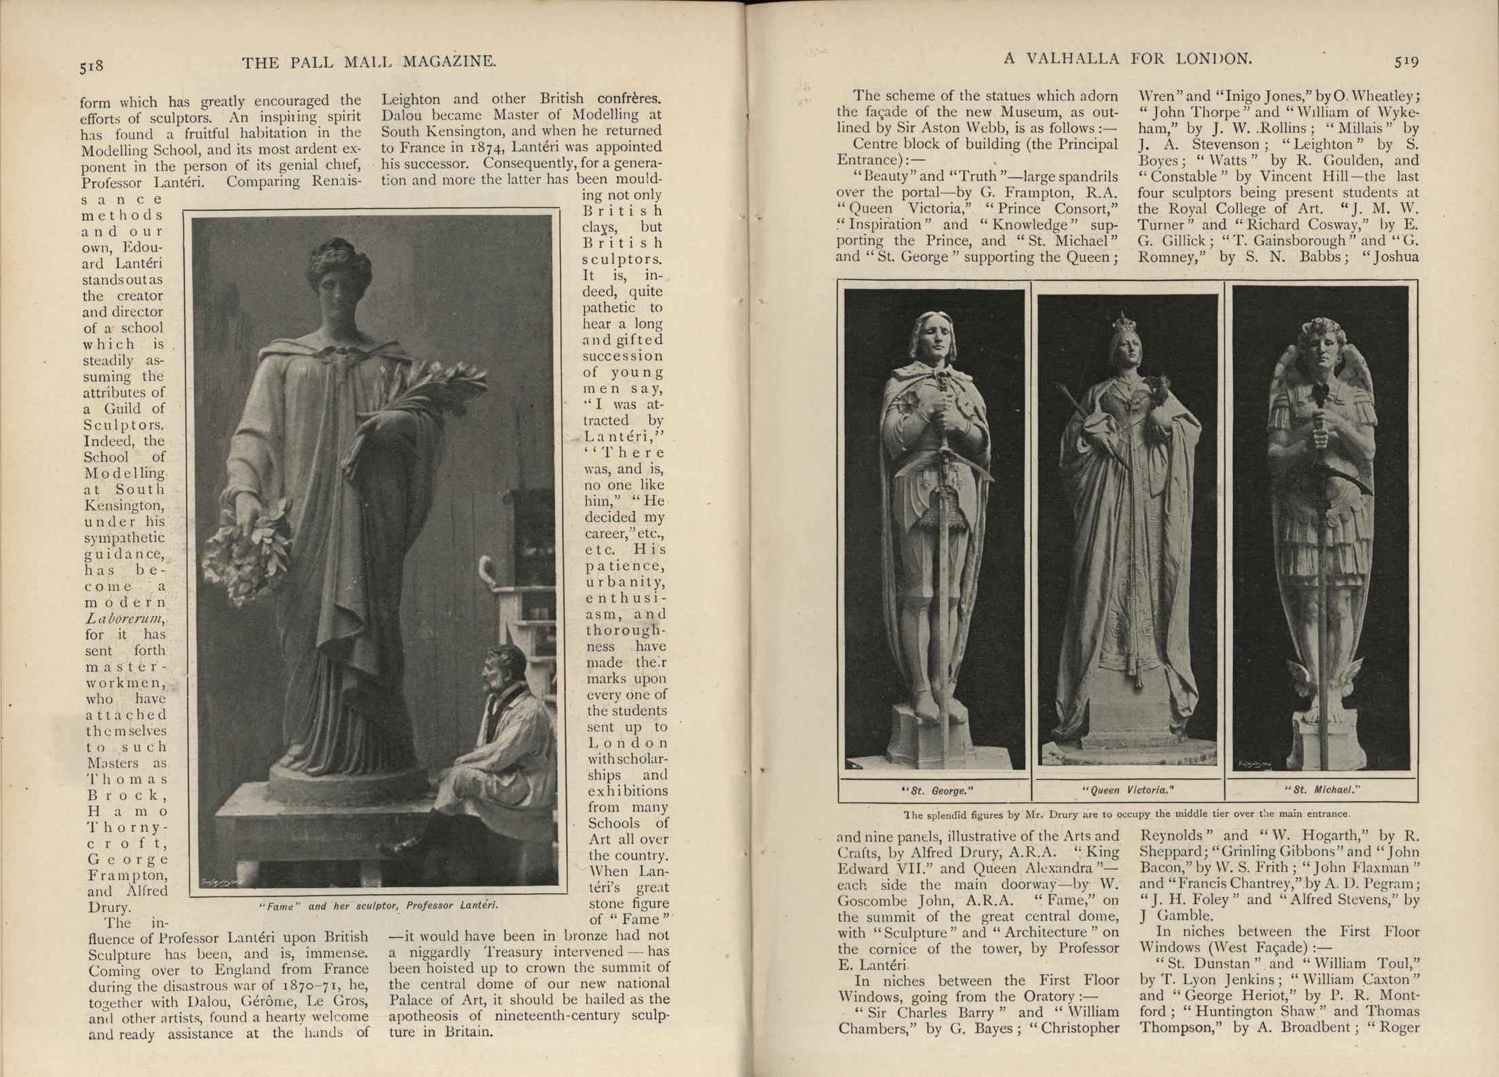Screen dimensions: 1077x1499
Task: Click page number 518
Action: (x=91, y=67)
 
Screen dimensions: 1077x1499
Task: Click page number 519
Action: (x=1406, y=62)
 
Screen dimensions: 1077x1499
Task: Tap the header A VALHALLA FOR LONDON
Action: (x=1127, y=59)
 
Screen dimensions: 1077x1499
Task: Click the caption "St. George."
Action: (x=936, y=791)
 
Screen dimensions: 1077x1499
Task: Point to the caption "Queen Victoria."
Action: (x=1128, y=791)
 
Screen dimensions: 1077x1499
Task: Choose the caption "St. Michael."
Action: (x=1321, y=790)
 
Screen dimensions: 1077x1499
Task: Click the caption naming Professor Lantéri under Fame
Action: (x=379, y=905)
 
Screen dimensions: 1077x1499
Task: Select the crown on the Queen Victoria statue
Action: (x=1127, y=322)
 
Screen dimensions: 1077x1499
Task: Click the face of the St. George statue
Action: (x=935, y=339)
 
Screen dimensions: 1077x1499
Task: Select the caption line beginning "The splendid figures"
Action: (x=1127, y=814)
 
